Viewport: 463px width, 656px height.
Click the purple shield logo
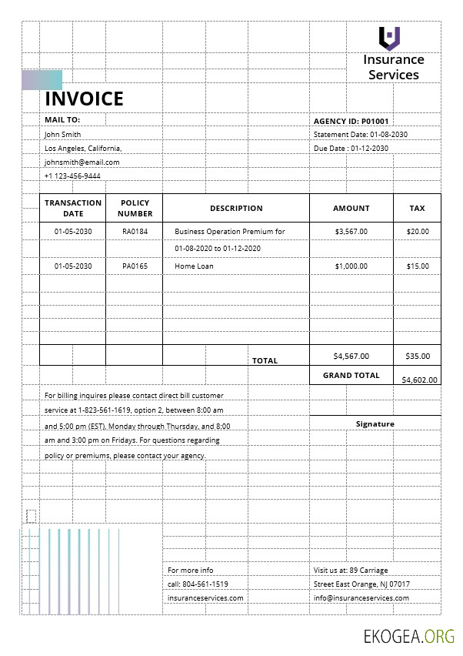tap(390, 38)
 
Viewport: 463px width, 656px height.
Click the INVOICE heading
tap(84, 99)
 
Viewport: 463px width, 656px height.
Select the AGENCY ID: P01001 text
tap(351, 121)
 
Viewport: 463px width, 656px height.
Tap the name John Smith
tap(62, 134)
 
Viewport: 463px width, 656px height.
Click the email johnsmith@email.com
tap(82, 162)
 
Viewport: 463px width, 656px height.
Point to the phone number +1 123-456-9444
tap(72, 176)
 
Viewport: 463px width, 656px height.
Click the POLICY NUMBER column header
tap(135, 208)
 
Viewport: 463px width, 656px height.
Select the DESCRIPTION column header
tap(236, 208)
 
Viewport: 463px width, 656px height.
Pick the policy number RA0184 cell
tap(135, 231)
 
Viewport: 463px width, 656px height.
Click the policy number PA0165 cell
tap(135, 266)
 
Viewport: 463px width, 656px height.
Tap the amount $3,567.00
tap(351, 231)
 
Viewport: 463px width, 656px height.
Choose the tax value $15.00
tap(418, 266)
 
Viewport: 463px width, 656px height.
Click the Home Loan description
tap(194, 266)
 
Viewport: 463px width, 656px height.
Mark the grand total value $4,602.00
tap(420, 380)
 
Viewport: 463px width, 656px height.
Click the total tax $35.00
tap(418, 356)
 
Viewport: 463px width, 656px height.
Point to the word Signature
tap(375, 424)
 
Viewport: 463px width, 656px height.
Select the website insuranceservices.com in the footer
tap(205, 597)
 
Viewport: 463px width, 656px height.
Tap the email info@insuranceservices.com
tap(361, 597)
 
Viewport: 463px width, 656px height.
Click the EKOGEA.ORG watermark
tap(409, 636)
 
